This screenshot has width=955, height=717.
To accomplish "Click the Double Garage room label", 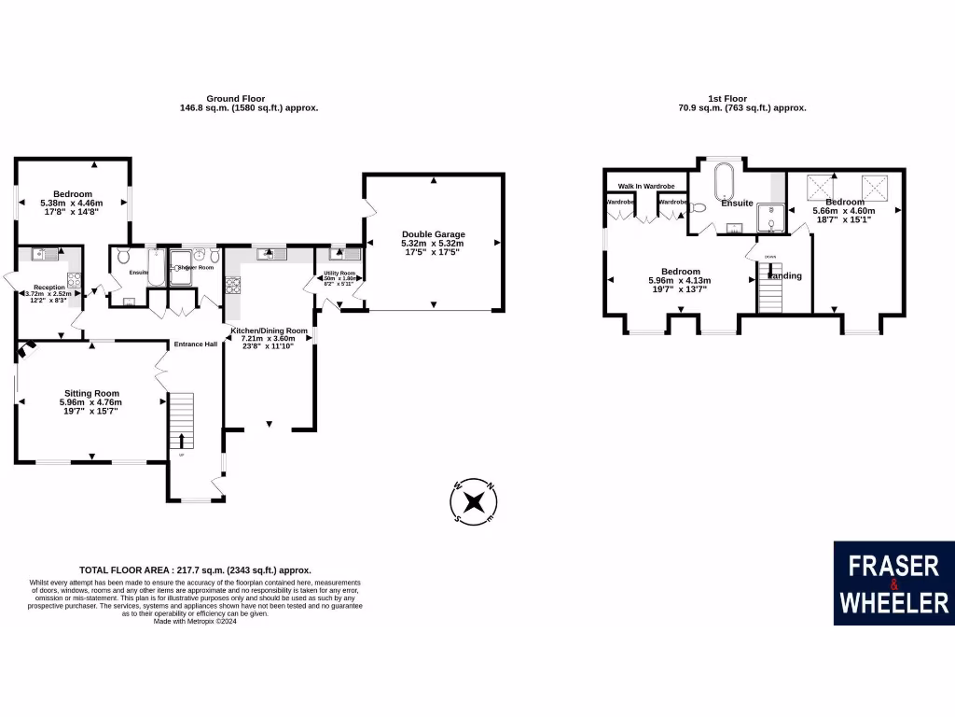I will coord(433,234).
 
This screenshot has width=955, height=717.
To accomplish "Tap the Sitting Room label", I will coord(92,393).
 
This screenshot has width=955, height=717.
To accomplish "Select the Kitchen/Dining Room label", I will coord(270,330).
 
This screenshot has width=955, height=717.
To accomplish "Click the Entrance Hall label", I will coord(195,344).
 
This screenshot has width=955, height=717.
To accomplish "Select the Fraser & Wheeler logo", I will coord(893,583).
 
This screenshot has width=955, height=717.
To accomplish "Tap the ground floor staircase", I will coord(181,421).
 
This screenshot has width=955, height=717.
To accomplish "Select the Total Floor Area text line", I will coord(195,569).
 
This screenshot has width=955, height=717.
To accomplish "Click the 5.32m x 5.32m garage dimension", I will coord(433,245).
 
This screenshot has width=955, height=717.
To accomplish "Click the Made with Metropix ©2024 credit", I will coord(195,621).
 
